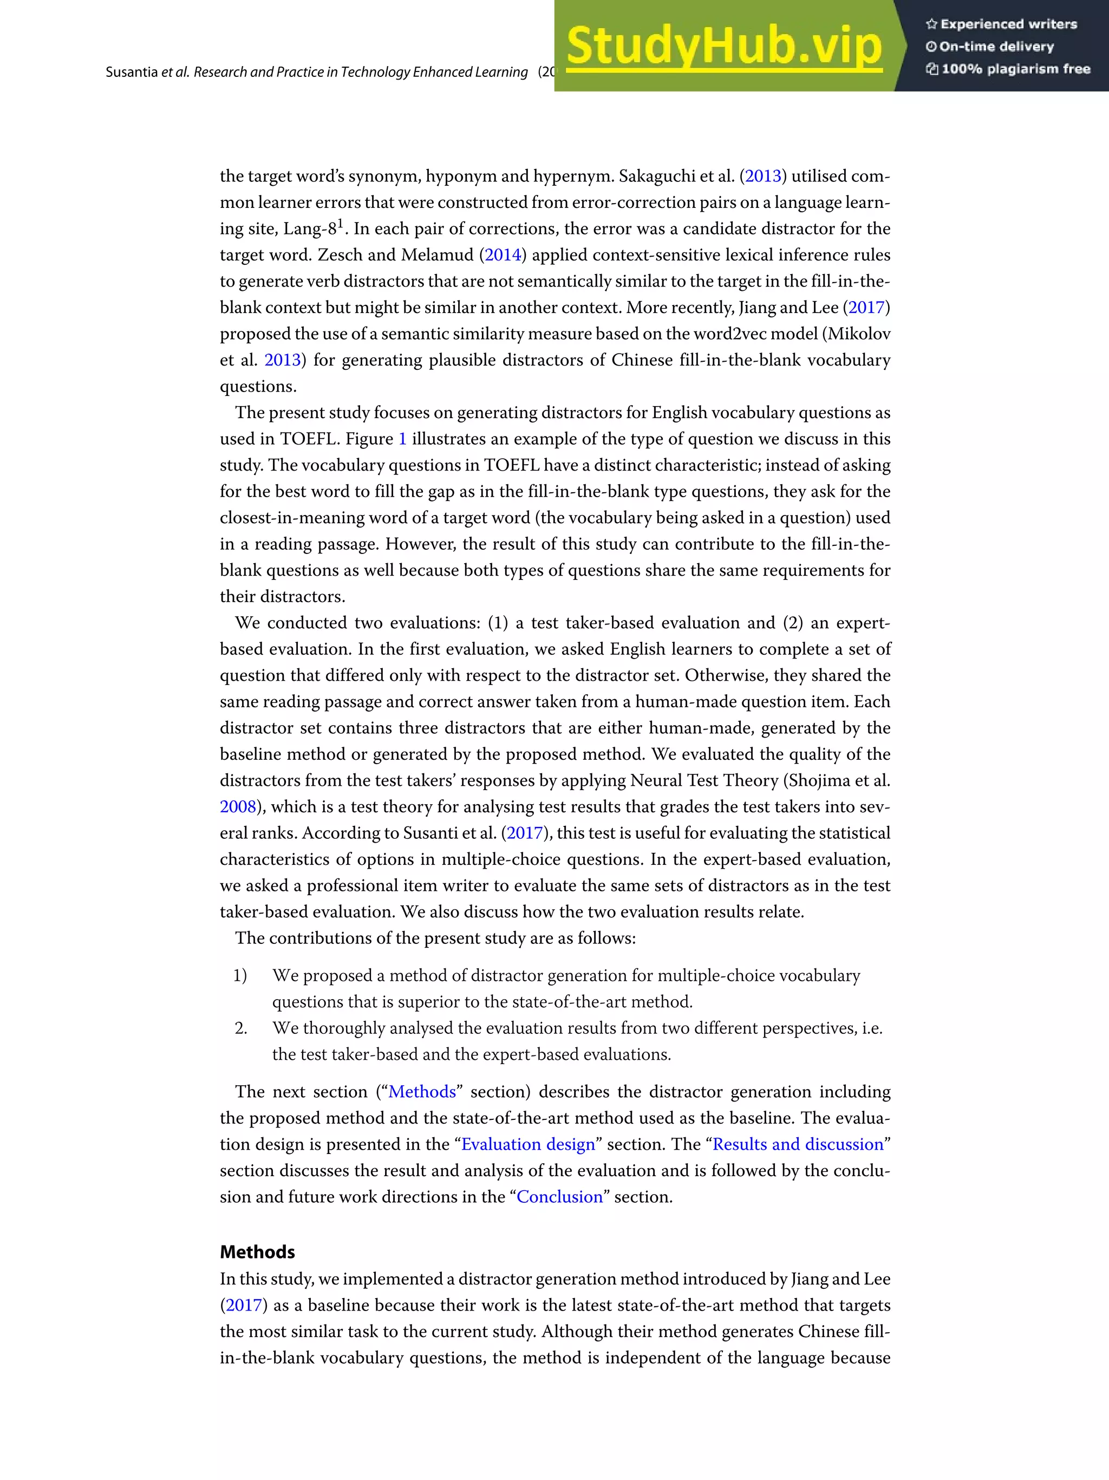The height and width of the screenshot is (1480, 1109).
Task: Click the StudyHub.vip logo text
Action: tap(724, 45)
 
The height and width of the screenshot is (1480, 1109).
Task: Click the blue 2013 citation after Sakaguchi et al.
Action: tap(763, 176)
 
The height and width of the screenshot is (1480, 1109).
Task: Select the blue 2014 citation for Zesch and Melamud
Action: tap(503, 255)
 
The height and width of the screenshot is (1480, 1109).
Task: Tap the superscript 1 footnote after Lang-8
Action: tap(341, 223)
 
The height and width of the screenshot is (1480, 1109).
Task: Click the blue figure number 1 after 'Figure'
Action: tap(403, 439)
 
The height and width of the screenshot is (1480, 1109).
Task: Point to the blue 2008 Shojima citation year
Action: tap(238, 806)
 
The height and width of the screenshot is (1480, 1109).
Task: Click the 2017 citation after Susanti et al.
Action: tap(524, 833)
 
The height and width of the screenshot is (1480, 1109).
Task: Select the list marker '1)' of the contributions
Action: tap(240, 975)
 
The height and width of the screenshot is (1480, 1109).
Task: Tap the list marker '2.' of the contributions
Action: tap(241, 1028)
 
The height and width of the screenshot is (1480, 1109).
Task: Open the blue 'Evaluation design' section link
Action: tap(528, 1144)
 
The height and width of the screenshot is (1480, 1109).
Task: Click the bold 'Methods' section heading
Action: tap(258, 1252)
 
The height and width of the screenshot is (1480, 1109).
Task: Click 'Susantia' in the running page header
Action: tap(131, 72)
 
